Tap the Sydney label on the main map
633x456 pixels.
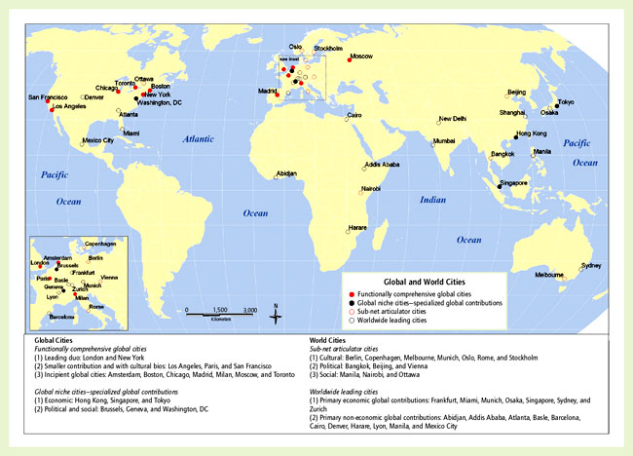pyautogui.click(x=590, y=265)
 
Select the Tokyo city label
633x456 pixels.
pyautogui.click(x=565, y=102)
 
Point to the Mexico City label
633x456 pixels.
pyautogui.click(x=97, y=140)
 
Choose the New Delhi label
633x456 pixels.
pyautogui.click(x=453, y=119)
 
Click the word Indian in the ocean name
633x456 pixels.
pyautogui.click(x=432, y=200)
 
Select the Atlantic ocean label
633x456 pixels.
pyautogui.click(x=204, y=139)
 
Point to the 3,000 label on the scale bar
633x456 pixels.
pyautogui.click(x=249, y=309)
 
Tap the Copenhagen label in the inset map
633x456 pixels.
pyautogui.click(x=106, y=243)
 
